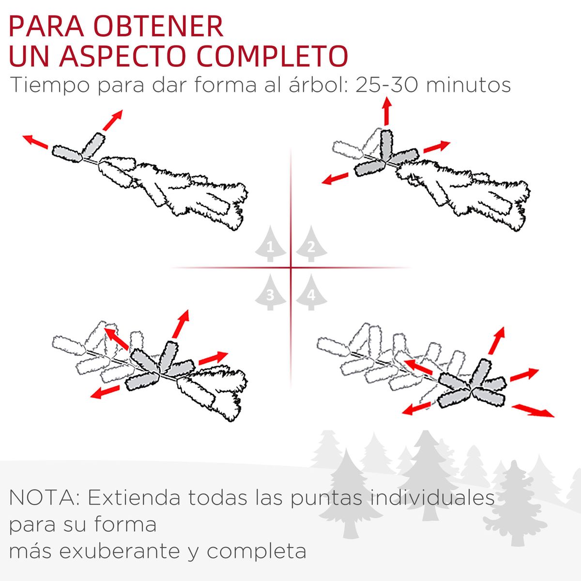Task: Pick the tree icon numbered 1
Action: (270, 244)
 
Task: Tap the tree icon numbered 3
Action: (270, 292)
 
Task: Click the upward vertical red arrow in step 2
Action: (386, 111)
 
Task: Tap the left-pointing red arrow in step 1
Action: (35, 141)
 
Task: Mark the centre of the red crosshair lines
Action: (290, 267)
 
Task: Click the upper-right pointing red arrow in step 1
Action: (112, 120)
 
